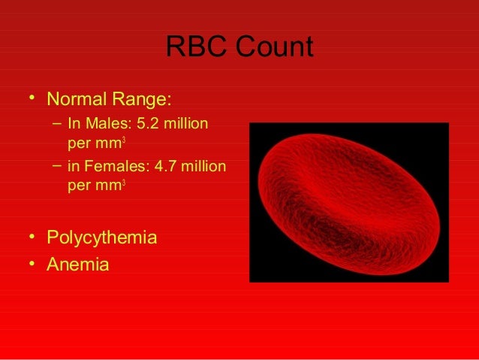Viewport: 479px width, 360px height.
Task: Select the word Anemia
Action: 78,265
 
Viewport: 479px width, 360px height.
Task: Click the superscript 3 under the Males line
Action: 123,138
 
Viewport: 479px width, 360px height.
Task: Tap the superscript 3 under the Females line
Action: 123,180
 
